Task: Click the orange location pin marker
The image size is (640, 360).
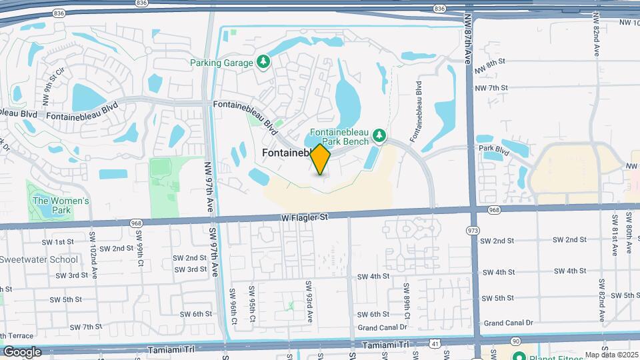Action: tap(321, 159)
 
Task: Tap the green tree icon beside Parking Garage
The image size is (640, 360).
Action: tap(264, 62)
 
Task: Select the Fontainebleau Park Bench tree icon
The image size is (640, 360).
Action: tap(379, 136)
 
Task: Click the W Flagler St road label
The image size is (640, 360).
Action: tap(305, 217)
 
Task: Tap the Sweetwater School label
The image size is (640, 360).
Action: tap(39, 259)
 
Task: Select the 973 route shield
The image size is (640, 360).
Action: tap(473, 231)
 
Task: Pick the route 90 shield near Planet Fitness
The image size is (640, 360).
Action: tap(516, 341)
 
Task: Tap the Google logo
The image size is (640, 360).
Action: tap(23, 351)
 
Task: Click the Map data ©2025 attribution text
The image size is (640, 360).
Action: tap(611, 355)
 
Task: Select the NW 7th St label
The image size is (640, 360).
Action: tap(491, 88)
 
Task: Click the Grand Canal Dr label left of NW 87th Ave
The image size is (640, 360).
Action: tap(382, 327)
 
